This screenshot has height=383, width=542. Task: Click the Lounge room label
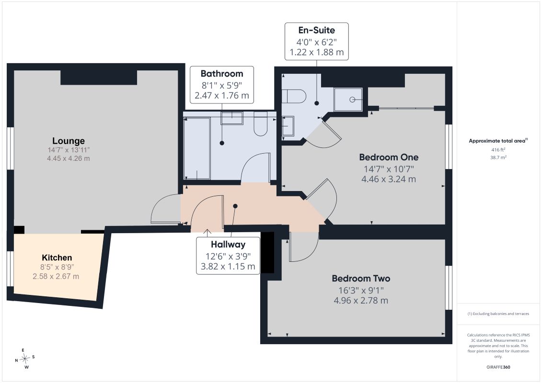click(x=69, y=141)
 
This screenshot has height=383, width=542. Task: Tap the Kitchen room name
click(x=57, y=258)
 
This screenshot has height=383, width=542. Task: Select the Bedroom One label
click(x=389, y=157)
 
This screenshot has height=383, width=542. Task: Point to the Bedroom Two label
click(x=361, y=278)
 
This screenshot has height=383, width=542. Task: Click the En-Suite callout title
click(x=317, y=30)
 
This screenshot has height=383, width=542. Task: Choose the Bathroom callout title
click(x=222, y=74)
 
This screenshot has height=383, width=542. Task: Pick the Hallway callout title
click(x=228, y=245)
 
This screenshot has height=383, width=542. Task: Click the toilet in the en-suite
click(x=294, y=96)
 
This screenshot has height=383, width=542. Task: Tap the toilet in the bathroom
click(x=260, y=124)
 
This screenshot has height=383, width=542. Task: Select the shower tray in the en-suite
click(x=348, y=100)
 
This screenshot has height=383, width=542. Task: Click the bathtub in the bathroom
click(x=197, y=148)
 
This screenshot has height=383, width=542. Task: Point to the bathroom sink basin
click(x=232, y=118)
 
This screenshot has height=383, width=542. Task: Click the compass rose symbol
click(x=25, y=359)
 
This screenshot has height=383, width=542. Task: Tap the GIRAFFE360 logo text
click(x=498, y=367)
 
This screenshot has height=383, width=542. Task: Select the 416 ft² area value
click(x=498, y=149)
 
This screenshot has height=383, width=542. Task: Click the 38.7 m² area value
click(x=498, y=157)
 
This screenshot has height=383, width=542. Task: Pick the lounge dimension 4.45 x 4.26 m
click(x=69, y=158)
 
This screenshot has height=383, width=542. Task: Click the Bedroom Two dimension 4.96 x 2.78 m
click(x=361, y=301)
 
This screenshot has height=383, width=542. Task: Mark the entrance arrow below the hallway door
click(x=207, y=233)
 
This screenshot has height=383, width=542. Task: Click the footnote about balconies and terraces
click(x=498, y=314)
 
